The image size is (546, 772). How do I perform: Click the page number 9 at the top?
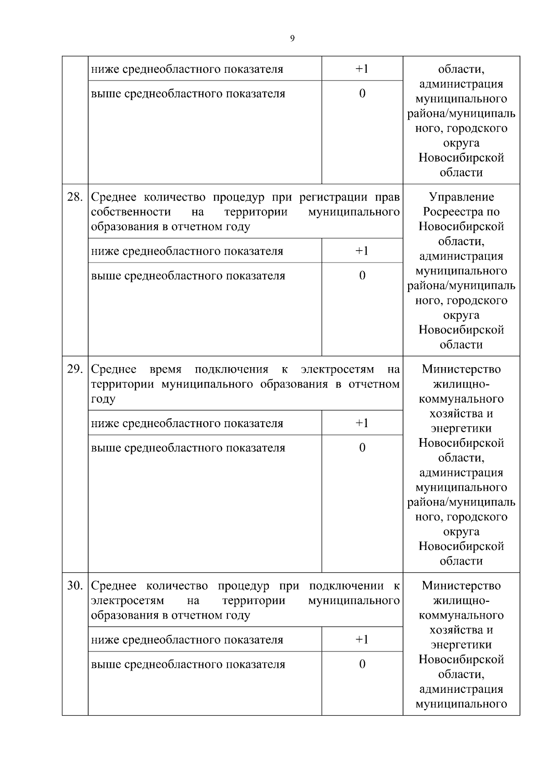coord(292,39)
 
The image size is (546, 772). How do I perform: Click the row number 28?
coord(75,197)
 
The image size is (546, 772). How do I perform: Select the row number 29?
coord(75,369)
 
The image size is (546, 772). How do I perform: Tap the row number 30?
coord(75,586)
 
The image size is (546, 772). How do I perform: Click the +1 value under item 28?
coord(362,251)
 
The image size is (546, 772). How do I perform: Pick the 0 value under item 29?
coord(362,448)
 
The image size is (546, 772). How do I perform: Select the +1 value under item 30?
coord(362,640)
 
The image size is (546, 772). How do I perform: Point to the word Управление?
coord(461,197)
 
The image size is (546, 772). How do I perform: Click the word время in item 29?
coord(166,369)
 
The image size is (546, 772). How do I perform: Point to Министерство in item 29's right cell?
coord(461,369)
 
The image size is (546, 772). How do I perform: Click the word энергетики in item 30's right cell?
coord(461,645)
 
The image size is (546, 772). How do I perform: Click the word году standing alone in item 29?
coord(103,399)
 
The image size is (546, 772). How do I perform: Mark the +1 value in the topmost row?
coord(362,69)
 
